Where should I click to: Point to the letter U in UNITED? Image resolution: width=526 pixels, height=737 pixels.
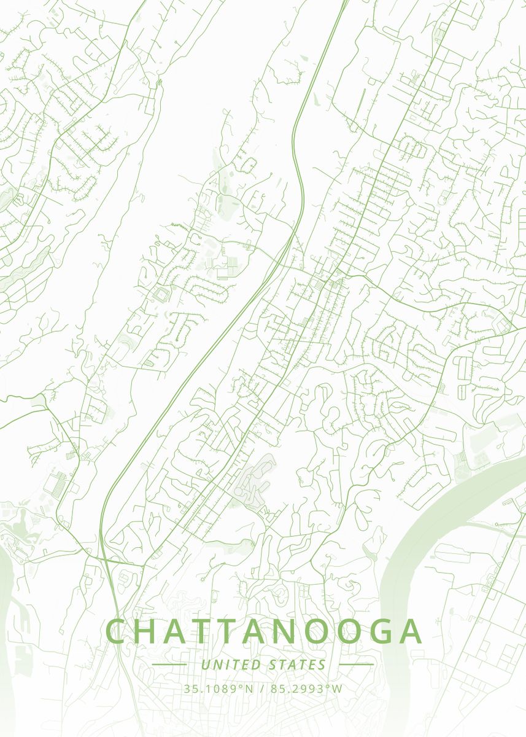(205, 665)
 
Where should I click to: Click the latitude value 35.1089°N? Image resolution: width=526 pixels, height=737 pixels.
(218, 688)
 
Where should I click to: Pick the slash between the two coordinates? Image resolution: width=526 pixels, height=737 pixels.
(262, 688)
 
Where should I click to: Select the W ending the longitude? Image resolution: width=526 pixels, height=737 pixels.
(337, 688)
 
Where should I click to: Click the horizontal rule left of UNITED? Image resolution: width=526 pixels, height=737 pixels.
(169, 665)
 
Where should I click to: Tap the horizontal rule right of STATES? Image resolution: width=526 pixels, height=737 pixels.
(356, 665)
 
